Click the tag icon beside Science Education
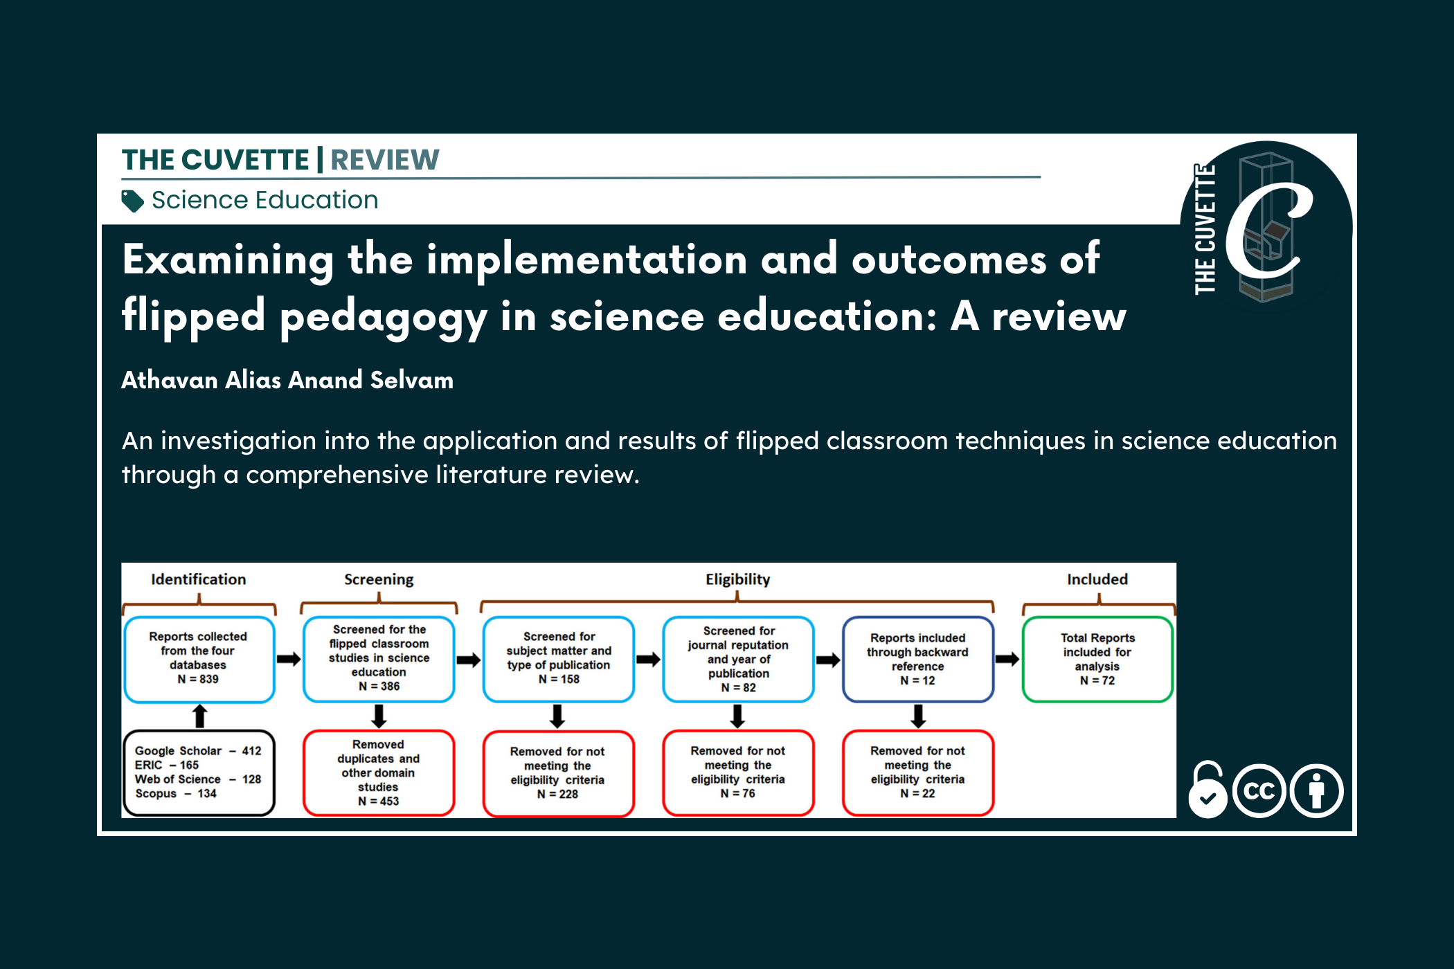[x=132, y=201]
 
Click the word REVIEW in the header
[x=384, y=160]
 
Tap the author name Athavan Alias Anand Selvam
[x=287, y=380]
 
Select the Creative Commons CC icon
[x=1259, y=791]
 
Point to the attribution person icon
[x=1316, y=791]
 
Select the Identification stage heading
[x=199, y=579]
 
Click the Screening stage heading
[x=379, y=579]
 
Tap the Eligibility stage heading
[x=737, y=579]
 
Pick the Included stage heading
[x=1097, y=579]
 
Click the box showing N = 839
[x=199, y=659]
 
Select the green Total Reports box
[x=1097, y=659]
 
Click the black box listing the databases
[x=199, y=772]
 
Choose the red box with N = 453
[x=379, y=772]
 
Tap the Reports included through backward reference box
[x=917, y=659]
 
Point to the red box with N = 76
[x=737, y=772]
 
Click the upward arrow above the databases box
[x=199, y=716]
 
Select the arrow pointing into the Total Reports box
[x=1007, y=659]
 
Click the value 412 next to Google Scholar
[x=251, y=751]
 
